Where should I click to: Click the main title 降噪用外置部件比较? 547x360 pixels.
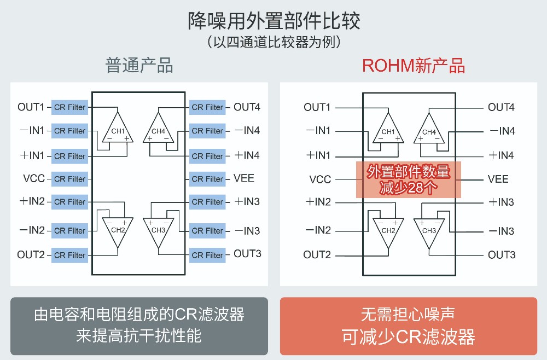coord(273,21)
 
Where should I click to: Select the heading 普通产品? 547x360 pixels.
coord(139,65)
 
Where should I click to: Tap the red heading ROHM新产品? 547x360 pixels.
coord(414,65)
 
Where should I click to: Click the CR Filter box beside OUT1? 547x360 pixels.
coord(69,107)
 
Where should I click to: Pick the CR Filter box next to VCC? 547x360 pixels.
coord(69,179)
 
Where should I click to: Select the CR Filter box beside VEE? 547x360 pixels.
coord(207,179)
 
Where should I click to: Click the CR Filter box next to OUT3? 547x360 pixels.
coord(207,255)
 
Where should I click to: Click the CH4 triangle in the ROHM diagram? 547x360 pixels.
coord(429,130)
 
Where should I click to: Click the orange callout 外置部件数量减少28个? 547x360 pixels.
coord(409,179)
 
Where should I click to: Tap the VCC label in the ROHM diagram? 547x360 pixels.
coord(320,179)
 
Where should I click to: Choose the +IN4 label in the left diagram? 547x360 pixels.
coord(247,155)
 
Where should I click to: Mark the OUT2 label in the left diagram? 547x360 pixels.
coord(31,254)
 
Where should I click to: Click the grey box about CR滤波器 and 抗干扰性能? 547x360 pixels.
coord(139,326)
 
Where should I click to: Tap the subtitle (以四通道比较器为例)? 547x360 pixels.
coord(273,43)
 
